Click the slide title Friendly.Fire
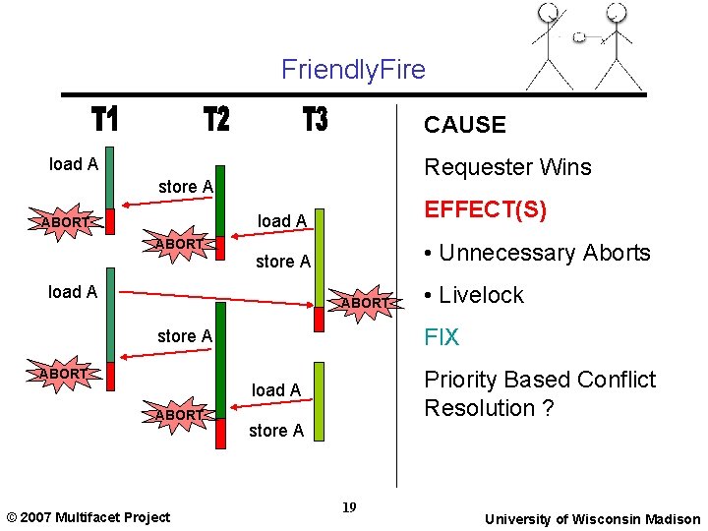[x=353, y=70]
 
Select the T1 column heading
[x=105, y=120]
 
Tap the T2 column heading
[x=216, y=120]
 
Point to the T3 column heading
[x=315, y=120]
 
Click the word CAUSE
[x=464, y=125]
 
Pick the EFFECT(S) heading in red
[x=485, y=210]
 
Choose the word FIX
[x=442, y=337]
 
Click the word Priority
[x=464, y=380]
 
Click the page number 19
[x=348, y=507]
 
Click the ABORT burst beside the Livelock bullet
[x=365, y=303]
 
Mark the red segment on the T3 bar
[x=319, y=319]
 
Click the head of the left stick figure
[x=548, y=13]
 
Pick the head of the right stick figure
[x=616, y=13]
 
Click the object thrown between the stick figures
[x=579, y=37]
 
